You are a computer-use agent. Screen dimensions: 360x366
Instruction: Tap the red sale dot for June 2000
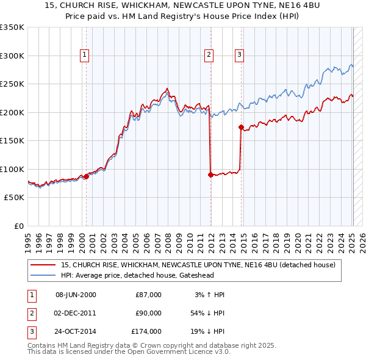(86, 176)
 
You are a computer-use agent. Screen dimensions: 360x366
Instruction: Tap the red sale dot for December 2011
(210, 175)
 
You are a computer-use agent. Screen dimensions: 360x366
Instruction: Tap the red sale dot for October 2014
(241, 128)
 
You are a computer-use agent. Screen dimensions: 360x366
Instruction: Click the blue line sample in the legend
(43, 275)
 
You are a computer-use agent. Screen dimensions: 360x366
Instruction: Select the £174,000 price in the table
(146, 331)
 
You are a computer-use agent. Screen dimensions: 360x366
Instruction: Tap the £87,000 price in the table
(148, 295)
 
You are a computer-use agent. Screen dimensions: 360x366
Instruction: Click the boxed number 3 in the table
(31, 331)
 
